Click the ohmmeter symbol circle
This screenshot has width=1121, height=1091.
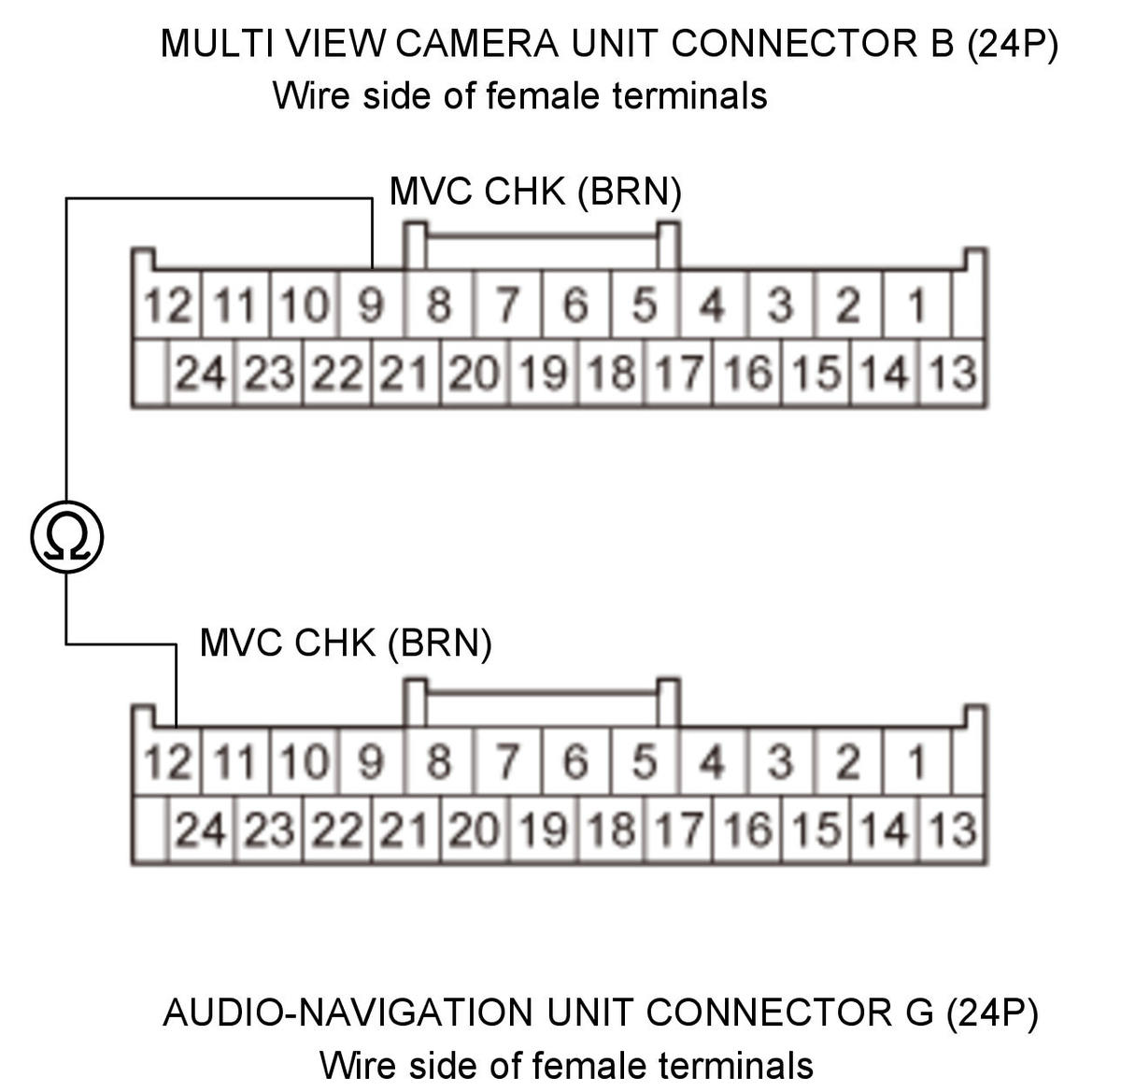[67, 537]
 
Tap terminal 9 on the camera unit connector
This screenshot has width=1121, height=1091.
[372, 304]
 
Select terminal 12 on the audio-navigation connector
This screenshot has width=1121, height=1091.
[167, 761]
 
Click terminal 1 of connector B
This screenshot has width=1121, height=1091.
[916, 304]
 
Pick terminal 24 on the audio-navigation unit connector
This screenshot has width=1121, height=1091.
[201, 829]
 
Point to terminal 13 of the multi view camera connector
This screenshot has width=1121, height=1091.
[952, 372]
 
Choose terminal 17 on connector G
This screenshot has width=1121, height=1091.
[678, 829]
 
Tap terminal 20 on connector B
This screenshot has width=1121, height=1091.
[474, 372]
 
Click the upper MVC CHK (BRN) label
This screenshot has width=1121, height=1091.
[535, 191]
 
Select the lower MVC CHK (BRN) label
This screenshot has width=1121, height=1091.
[346, 643]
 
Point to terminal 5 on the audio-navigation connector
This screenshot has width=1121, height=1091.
[646, 761]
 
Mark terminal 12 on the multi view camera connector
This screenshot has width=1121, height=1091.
[167, 304]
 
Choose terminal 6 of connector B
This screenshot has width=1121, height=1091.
[576, 304]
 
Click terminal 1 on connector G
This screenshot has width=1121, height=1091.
[916, 761]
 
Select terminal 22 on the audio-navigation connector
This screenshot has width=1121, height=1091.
[337, 829]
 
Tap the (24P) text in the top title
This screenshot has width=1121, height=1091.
[1012, 44]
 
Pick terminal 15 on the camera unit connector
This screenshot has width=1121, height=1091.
[816, 372]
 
